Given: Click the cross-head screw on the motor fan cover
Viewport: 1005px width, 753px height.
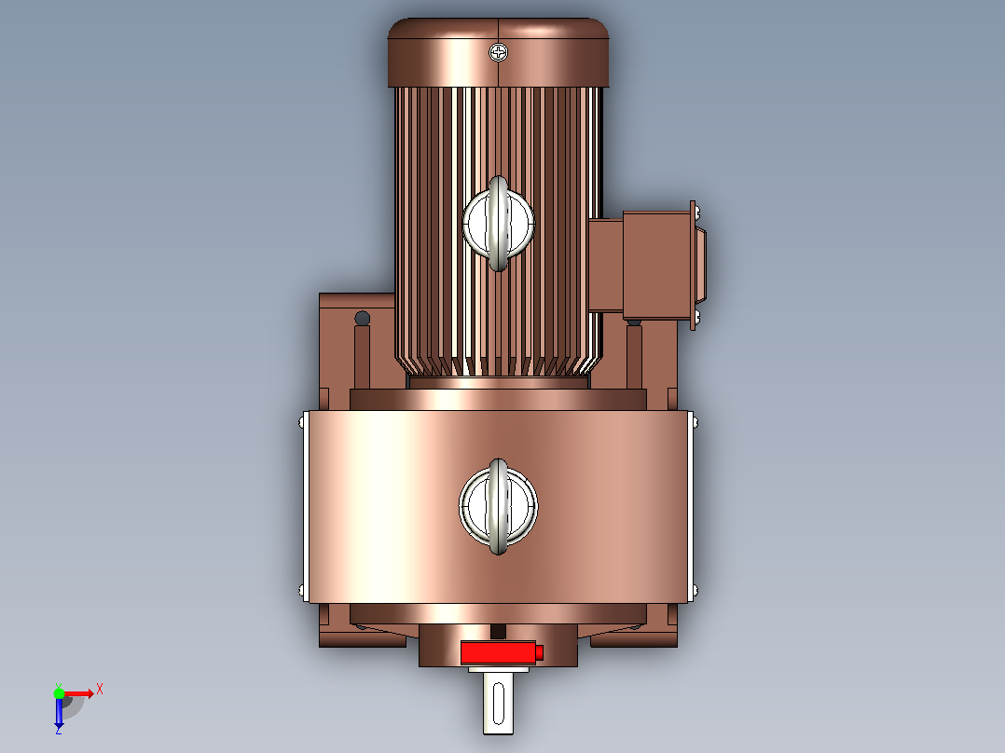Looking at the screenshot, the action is pyautogui.click(x=499, y=52).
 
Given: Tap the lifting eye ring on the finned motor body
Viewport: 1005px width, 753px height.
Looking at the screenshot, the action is pyautogui.click(x=498, y=224).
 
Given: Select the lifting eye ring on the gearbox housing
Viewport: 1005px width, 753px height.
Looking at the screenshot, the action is pyautogui.click(x=498, y=506).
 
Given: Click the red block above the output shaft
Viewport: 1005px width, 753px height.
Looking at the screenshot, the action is pyautogui.click(x=498, y=652).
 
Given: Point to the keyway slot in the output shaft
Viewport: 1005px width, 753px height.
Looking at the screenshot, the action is pyautogui.click(x=499, y=703).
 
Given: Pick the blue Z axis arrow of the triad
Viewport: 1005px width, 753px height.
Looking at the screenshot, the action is pyautogui.click(x=59, y=712).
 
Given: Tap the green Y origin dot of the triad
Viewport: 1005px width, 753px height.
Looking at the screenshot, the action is pyautogui.click(x=59, y=692).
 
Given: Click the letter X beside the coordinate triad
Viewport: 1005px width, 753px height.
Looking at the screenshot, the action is pyautogui.click(x=100, y=690).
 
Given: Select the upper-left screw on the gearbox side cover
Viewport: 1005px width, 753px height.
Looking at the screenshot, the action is pyautogui.click(x=302, y=422).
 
